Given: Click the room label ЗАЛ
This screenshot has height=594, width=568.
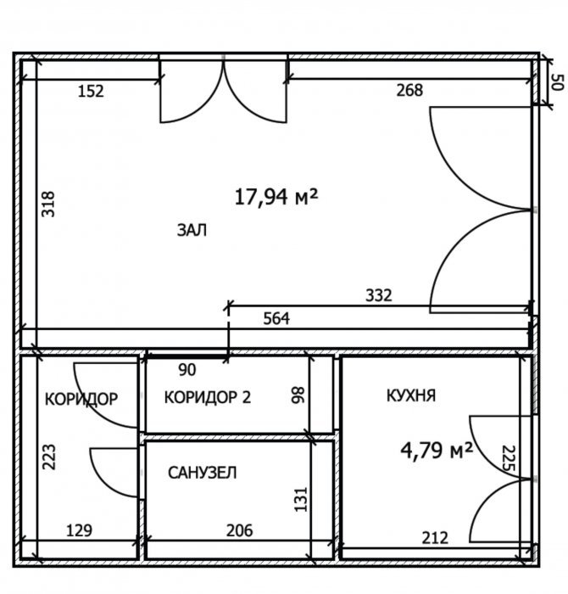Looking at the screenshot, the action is [192, 230].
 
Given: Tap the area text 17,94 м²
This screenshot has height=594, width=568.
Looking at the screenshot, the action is [276, 197].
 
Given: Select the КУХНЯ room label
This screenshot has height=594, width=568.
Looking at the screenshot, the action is [411, 395].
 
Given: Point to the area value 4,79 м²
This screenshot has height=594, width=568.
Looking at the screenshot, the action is [437, 451].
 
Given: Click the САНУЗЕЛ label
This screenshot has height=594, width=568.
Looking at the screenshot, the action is [203, 473].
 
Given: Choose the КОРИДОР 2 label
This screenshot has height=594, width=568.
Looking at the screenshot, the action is [208, 397].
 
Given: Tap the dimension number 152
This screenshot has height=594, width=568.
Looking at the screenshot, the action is [91, 92].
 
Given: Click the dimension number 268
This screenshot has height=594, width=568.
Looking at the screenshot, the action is [409, 90].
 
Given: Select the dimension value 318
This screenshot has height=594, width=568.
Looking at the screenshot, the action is [48, 205].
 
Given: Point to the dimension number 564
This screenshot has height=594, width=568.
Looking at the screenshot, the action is [276, 318].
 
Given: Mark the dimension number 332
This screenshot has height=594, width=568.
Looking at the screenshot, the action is [379, 295].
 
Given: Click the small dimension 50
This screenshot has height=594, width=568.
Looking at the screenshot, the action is [558, 81].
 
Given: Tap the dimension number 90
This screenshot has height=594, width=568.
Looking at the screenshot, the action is [187, 370].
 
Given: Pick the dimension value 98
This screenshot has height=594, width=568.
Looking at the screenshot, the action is [298, 395].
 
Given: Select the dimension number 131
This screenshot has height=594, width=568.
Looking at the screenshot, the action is [301, 499].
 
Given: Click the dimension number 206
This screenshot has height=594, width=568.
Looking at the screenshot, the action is [240, 530].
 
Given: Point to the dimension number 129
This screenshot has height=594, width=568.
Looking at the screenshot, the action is [79, 530].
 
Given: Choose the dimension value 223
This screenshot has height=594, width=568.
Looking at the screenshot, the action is [48, 457].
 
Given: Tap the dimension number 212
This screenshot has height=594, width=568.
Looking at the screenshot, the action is [435, 538].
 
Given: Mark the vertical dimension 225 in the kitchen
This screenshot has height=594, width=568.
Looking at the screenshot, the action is [509, 458].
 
